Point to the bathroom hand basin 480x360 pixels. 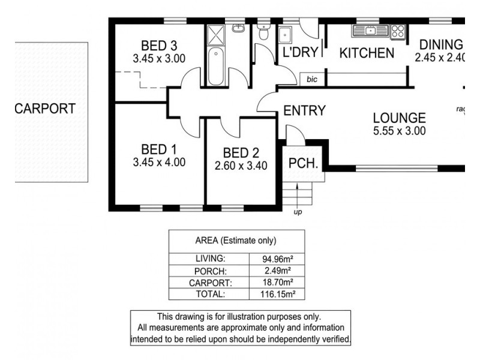pos(239,28)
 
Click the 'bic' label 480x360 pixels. pos(311,79)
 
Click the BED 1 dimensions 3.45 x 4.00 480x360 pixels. pos(158,161)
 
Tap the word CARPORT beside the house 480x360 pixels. pos(46,109)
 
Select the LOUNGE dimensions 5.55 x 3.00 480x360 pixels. pos(398,131)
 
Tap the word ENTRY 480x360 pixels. pos(304,110)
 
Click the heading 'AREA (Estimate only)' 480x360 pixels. pos(236,241)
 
